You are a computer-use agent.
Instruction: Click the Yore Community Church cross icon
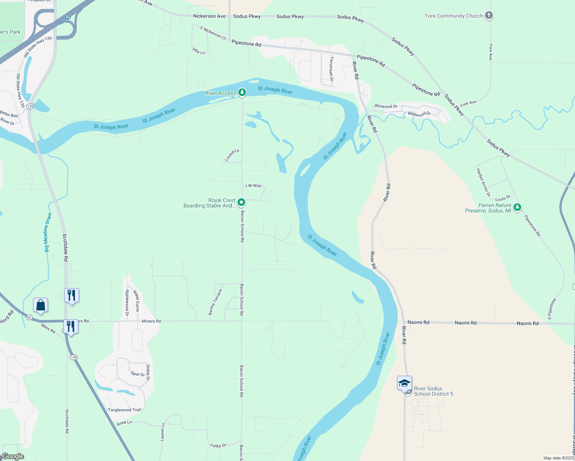(489, 15)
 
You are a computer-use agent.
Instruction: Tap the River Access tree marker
(242, 92)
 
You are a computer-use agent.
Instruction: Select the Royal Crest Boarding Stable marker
(241, 202)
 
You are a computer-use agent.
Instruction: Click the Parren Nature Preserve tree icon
(517, 207)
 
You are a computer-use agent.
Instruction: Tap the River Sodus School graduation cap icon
(404, 383)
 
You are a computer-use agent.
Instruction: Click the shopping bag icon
(41, 305)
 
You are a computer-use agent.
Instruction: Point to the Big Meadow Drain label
(48, 233)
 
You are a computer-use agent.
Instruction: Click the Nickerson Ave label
(209, 16)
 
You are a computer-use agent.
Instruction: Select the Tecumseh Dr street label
(331, 69)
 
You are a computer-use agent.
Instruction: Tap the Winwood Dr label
(386, 106)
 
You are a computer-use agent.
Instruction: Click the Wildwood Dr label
(419, 114)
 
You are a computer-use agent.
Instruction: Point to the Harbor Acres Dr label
(483, 182)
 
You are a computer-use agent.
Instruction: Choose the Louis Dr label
(503, 199)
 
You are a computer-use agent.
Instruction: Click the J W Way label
(253, 186)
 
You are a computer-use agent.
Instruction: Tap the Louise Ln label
(232, 155)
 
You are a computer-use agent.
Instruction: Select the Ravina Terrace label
(215, 302)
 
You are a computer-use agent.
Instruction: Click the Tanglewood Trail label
(124, 410)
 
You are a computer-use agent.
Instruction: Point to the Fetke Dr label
(218, 446)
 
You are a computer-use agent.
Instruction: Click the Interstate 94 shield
(68, 17)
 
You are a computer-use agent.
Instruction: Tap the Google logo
(13, 456)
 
